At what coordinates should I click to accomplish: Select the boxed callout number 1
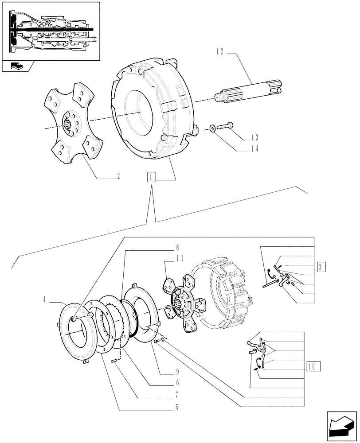(152, 178)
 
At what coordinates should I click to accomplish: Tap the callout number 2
(118, 176)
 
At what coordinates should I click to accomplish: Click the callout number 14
(254, 150)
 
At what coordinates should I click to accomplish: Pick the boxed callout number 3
(321, 267)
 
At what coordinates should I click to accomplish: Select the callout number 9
(177, 371)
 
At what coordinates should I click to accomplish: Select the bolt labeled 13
(225, 127)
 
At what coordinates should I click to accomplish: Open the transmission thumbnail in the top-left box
(51, 31)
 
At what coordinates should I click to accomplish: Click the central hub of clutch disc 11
(182, 303)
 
